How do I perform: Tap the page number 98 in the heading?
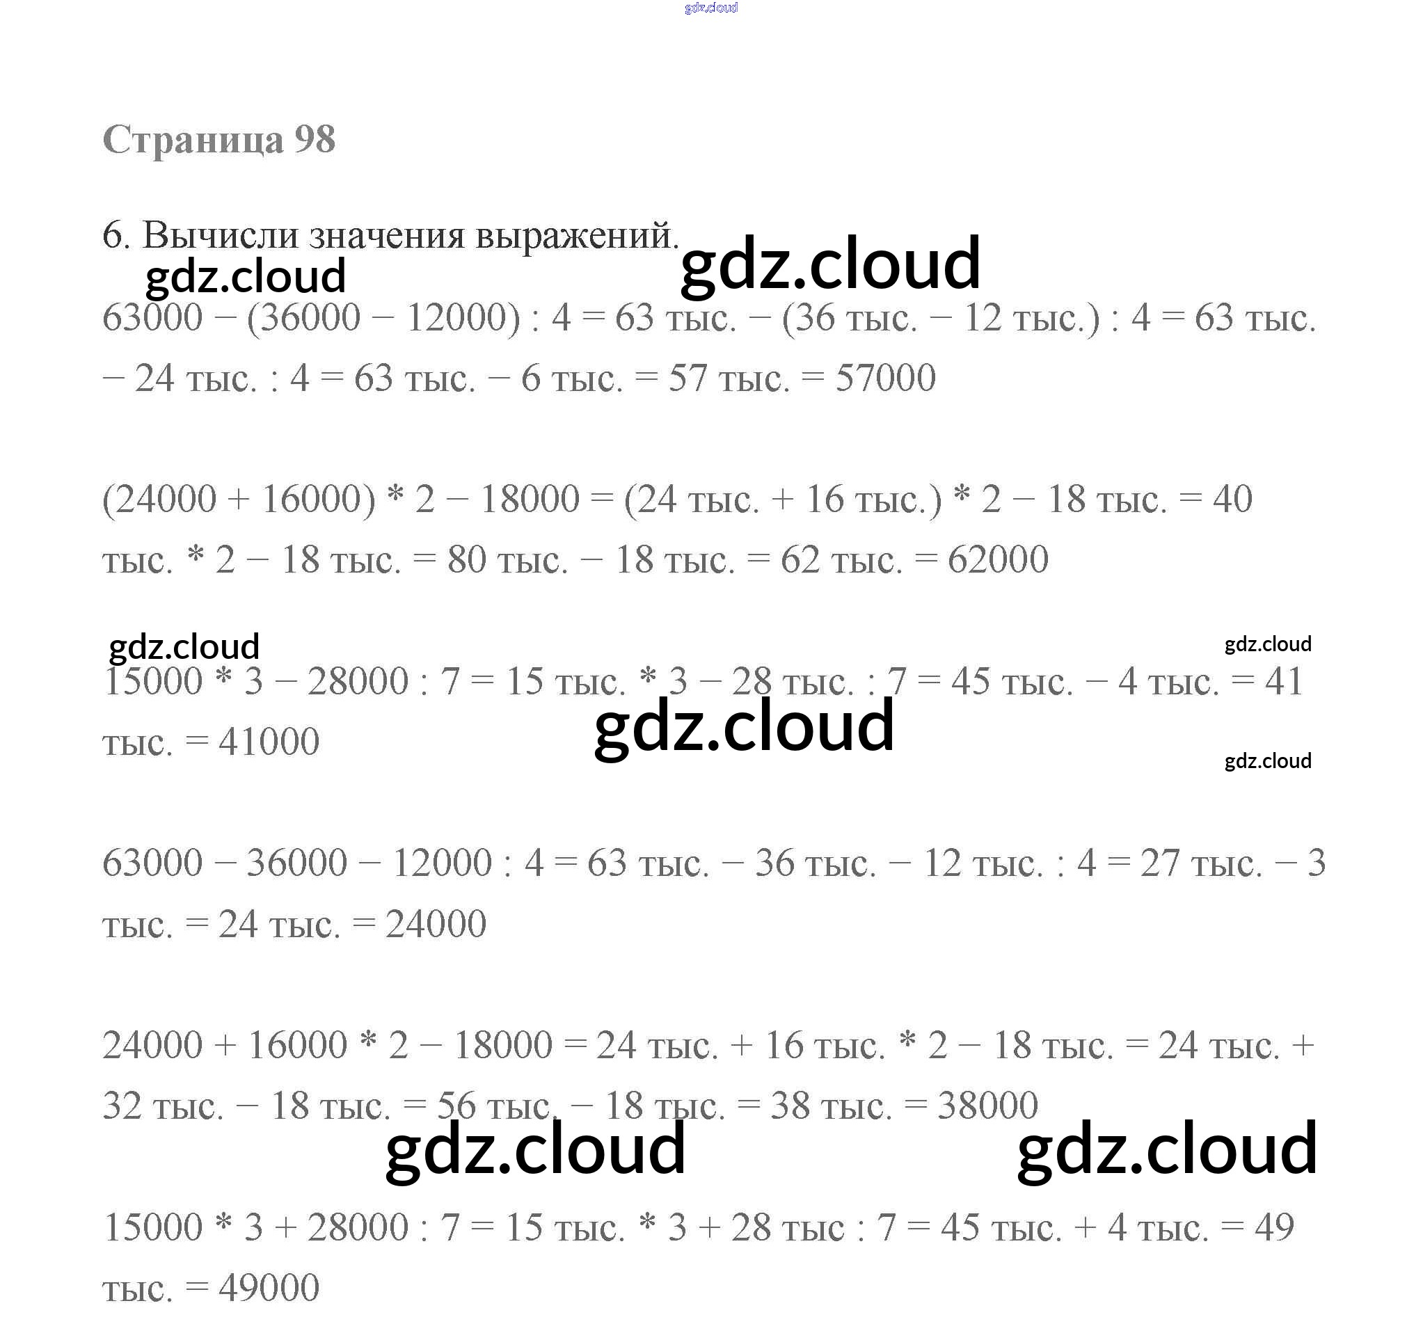(315, 139)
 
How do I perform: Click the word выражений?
(576, 237)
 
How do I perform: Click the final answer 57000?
(885, 378)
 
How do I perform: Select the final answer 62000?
(998, 559)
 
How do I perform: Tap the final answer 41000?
(269, 742)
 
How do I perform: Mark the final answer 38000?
(988, 1106)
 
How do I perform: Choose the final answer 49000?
(269, 1287)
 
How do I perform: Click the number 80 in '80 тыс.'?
(467, 559)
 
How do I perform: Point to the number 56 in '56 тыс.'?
(456, 1106)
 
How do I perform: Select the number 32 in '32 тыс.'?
(122, 1106)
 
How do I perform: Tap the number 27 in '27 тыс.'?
(1159, 863)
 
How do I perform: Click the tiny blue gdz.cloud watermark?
(710, 8)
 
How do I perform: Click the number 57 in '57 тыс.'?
(688, 378)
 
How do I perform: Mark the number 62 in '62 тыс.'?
(800, 559)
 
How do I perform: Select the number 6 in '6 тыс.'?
(530, 378)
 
